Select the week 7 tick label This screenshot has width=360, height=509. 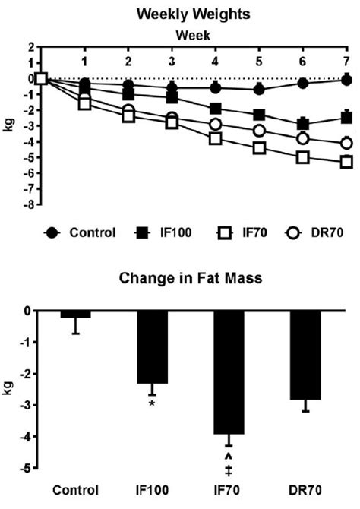click(x=346, y=60)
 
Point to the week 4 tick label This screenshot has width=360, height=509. click(x=216, y=60)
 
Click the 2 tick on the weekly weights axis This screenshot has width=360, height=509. click(x=32, y=46)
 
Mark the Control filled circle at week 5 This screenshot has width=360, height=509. click(x=259, y=89)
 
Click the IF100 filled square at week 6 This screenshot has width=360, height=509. click(x=303, y=124)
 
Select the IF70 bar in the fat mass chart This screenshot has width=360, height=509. click(x=228, y=372)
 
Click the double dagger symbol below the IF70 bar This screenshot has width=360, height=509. click(x=228, y=468)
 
